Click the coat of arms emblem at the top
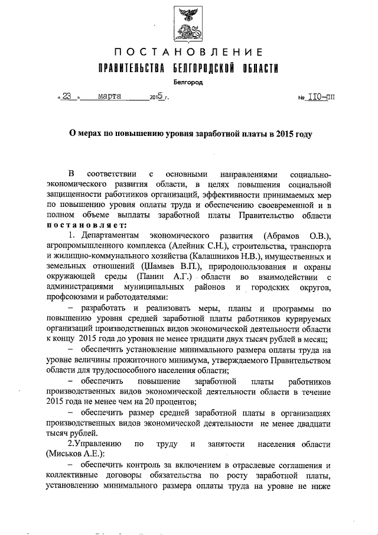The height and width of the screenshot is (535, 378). click(189, 21)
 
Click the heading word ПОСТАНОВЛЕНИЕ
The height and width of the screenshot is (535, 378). click(188, 52)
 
